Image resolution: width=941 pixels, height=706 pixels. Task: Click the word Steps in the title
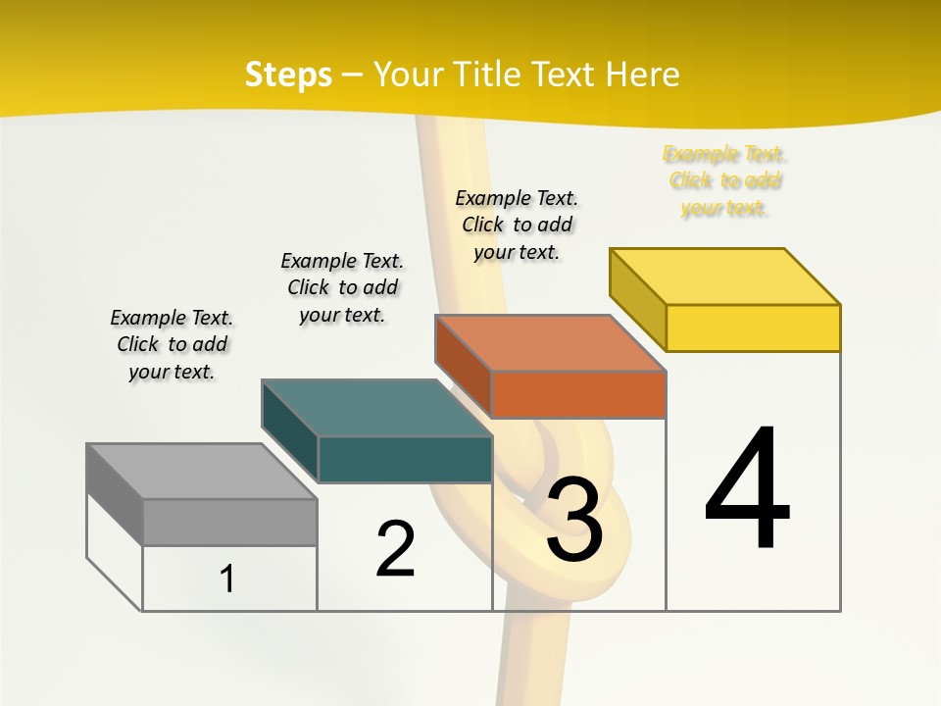(x=287, y=75)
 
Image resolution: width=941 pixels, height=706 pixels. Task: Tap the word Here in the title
(x=642, y=75)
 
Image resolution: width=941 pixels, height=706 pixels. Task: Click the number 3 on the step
(x=574, y=520)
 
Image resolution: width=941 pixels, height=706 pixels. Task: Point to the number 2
(x=395, y=549)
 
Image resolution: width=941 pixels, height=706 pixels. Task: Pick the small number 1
(x=227, y=580)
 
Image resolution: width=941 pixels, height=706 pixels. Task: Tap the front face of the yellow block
(x=753, y=328)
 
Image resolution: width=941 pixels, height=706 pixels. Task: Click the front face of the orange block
(x=578, y=394)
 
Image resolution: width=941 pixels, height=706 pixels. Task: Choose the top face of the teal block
(x=376, y=408)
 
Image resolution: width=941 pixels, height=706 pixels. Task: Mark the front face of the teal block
(x=405, y=459)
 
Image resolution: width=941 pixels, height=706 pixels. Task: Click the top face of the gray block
(x=202, y=472)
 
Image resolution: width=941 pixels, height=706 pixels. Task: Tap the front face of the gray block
(x=229, y=522)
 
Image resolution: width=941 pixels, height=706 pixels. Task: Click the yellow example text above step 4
(x=724, y=180)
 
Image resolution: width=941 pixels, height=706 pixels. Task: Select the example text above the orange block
(x=517, y=225)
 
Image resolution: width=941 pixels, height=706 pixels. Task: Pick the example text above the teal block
(x=342, y=287)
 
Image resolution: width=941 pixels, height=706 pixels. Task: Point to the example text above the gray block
(x=172, y=344)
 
